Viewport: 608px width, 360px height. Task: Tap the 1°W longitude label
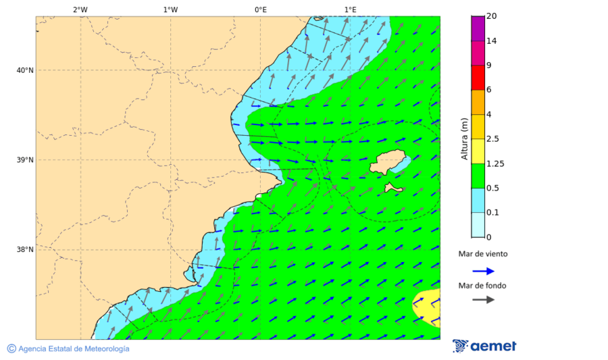coord(170,9)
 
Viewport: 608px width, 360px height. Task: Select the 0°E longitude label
coord(260,9)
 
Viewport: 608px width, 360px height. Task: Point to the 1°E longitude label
coord(350,9)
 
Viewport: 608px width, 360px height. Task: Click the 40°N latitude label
coord(25,70)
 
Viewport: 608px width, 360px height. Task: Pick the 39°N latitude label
coord(25,160)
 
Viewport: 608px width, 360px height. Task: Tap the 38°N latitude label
coord(25,249)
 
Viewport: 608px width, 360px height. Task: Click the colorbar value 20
coord(491,16)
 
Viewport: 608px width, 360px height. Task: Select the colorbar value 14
coord(491,41)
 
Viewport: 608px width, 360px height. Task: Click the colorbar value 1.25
coord(495,163)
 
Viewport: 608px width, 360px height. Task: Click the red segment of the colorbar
coord(477,78)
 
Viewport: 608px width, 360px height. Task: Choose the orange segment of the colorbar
coord(477,102)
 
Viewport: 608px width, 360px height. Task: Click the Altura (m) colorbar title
coord(464,138)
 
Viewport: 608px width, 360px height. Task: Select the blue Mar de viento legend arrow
coord(483,271)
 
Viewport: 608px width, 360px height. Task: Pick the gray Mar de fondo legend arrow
coord(483,300)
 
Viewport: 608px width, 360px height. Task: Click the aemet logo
coord(484,346)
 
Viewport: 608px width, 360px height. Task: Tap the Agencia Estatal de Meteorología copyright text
coord(68,349)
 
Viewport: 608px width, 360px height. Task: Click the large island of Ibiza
coord(390,163)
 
